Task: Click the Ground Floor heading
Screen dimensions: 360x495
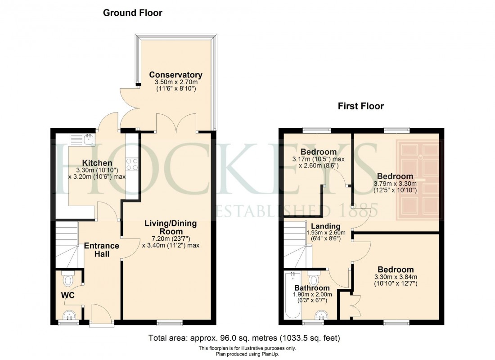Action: point(133,13)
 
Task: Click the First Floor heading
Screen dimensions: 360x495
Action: point(361,107)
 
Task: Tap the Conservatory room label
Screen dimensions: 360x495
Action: point(176,75)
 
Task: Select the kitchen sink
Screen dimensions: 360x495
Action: point(82,139)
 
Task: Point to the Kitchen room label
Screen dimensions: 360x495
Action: point(97,162)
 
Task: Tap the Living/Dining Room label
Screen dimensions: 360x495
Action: point(171,227)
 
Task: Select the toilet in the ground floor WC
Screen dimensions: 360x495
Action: point(67,280)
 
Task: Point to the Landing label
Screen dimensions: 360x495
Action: point(324,226)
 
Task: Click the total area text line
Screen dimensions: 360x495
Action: point(244,338)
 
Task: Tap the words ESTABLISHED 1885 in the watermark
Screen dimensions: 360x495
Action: point(297,210)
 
